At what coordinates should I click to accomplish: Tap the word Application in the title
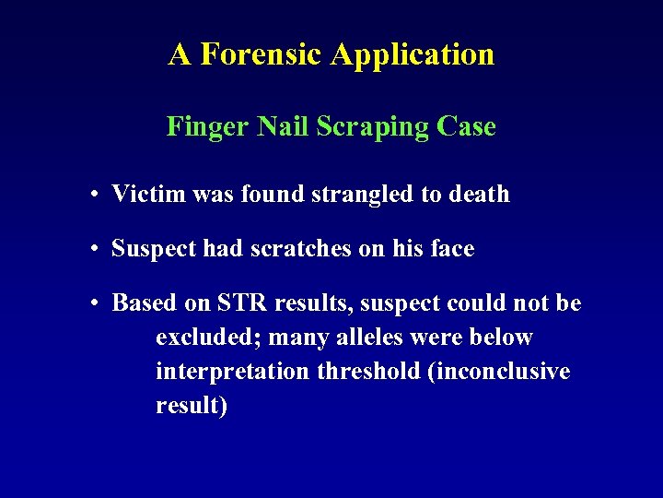412,54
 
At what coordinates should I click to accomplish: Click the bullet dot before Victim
95,195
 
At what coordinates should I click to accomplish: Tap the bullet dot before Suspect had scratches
95,249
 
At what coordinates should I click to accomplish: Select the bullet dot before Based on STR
95,304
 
